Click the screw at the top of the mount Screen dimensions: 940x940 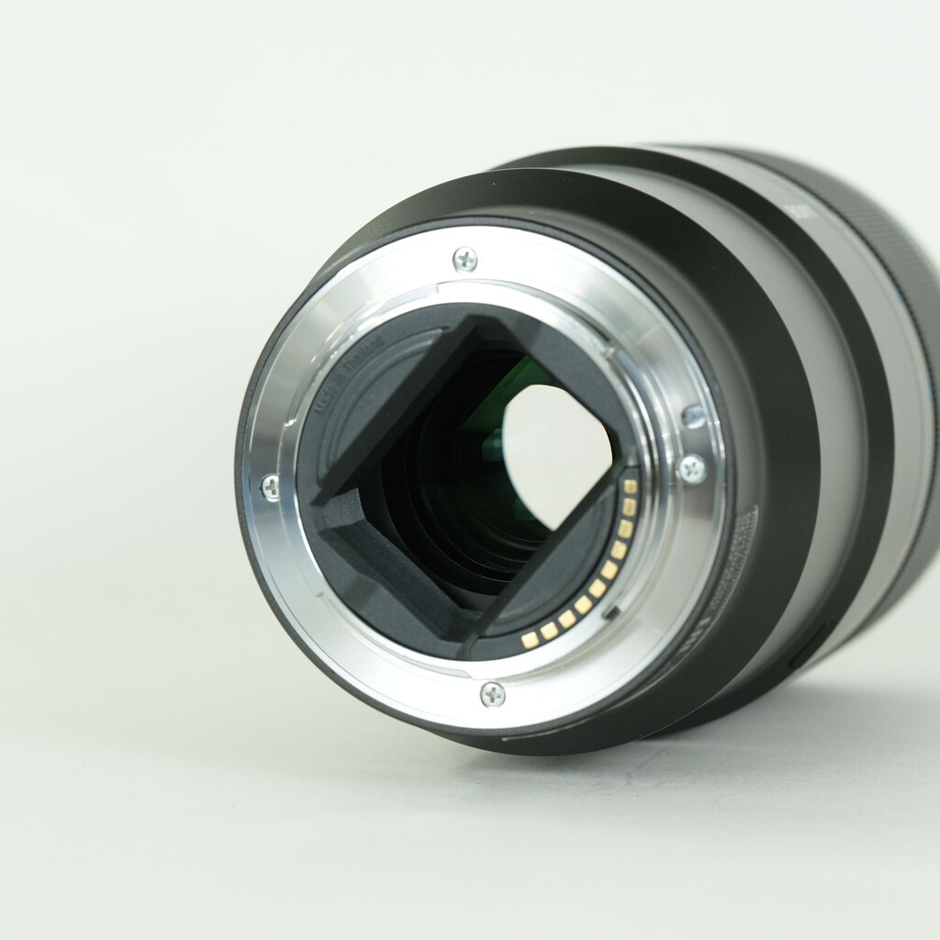465,260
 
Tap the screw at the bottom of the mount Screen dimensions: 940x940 493,694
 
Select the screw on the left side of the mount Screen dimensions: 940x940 271,487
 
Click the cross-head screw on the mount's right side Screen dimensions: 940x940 692,469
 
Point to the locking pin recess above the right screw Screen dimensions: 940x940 694,417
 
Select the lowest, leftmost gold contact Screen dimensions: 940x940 530,639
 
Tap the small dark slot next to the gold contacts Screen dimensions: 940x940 612,610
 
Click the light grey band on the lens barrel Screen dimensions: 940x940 826,413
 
